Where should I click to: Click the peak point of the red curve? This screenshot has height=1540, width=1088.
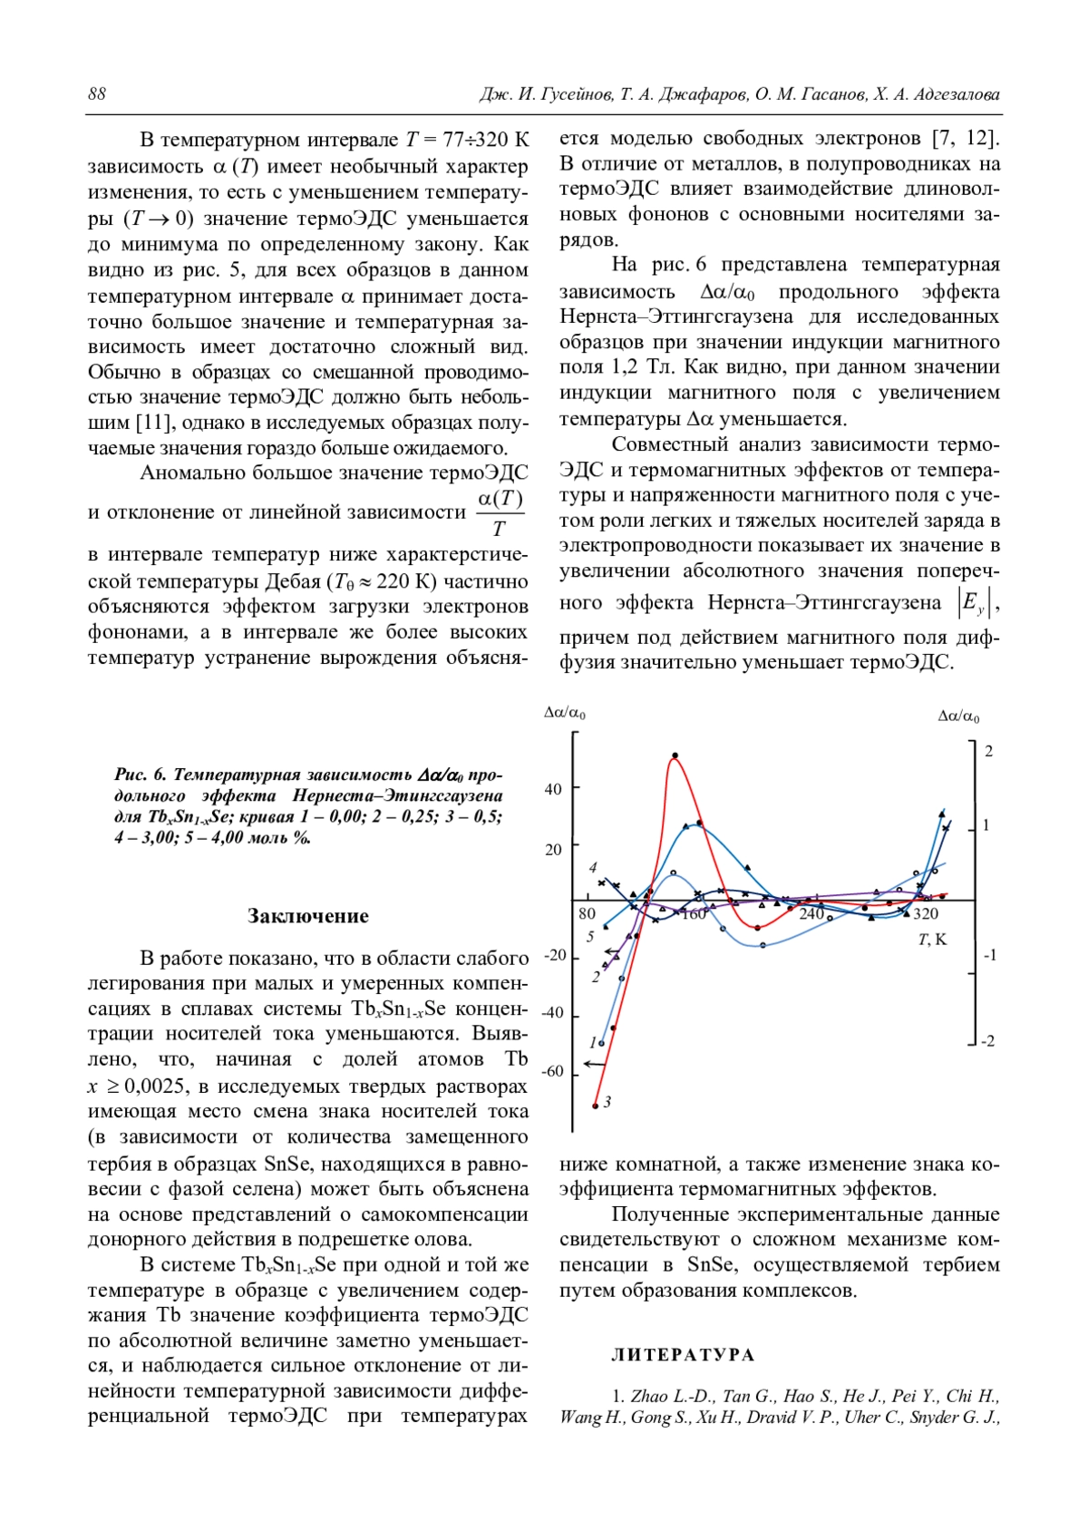(x=675, y=755)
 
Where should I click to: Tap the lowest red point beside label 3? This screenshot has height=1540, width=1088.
(x=596, y=1106)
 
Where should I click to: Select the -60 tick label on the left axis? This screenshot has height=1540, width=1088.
(x=552, y=1071)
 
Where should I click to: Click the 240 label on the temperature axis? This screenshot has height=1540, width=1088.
(x=811, y=913)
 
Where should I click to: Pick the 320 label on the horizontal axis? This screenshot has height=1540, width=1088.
(x=925, y=913)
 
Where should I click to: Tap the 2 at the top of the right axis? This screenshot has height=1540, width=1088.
(x=988, y=751)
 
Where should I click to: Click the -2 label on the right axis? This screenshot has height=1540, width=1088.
(x=988, y=1041)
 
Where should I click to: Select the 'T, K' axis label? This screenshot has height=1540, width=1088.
(x=932, y=940)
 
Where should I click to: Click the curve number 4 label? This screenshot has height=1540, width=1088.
(x=593, y=867)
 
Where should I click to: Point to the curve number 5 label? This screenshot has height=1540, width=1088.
(x=590, y=936)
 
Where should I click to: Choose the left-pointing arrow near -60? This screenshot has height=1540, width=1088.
(x=594, y=1063)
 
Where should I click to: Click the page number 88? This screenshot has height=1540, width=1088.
(x=97, y=94)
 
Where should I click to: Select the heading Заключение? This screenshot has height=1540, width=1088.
(x=308, y=916)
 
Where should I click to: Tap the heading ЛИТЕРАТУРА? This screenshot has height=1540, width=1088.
(x=683, y=1355)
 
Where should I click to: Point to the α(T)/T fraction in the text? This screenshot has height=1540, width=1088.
(x=500, y=512)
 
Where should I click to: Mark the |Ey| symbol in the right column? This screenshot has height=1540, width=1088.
(x=971, y=604)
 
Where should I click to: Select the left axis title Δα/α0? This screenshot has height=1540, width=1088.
(x=564, y=713)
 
